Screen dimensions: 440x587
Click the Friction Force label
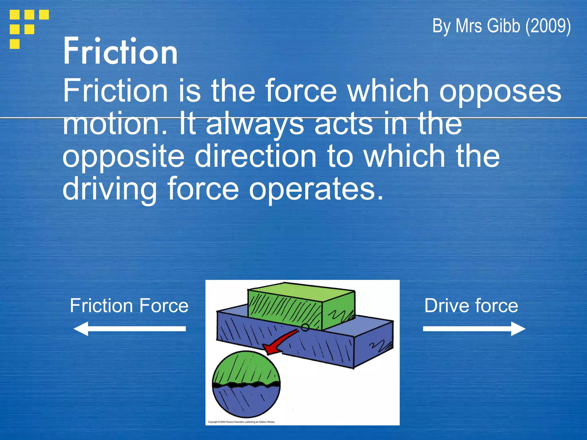[129, 306]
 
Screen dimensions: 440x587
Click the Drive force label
[471, 306]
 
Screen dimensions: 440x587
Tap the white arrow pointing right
[474, 329]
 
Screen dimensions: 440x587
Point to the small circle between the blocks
[305, 327]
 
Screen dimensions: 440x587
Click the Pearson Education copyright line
[241, 422]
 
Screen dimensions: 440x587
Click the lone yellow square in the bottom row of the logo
[15, 44]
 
